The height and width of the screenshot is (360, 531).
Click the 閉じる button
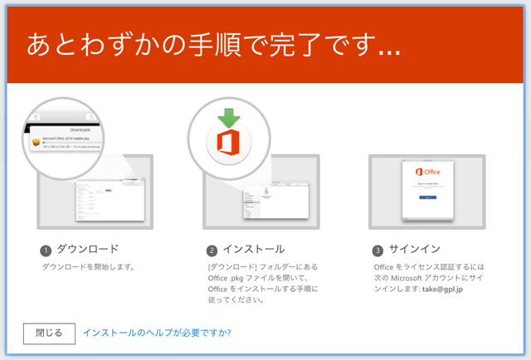click(x=49, y=333)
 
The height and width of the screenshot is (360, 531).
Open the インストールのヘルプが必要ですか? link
click(x=157, y=333)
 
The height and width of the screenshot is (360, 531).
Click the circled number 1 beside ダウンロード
click(x=46, y=249)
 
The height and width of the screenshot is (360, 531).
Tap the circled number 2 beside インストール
click(x=212, y=249)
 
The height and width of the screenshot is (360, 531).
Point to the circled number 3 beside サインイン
click(x=378, y=249)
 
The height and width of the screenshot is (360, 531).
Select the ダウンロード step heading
click(x=87, y=249)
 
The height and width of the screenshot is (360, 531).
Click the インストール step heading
click(x=253, y=249)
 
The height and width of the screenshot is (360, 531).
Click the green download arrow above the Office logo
click(x=229, y=116)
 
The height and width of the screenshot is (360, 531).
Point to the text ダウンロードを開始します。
click(x=88, y=267)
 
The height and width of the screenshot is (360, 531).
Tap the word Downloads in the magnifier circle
click(x=82, y=130)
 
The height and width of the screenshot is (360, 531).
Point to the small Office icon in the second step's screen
click(x=266, y=192)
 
